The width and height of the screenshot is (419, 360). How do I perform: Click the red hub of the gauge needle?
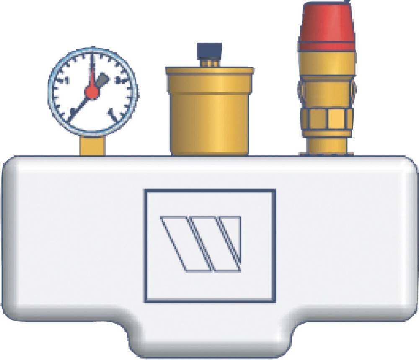pos(92,92)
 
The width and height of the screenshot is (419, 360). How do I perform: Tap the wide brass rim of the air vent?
pos(209,71)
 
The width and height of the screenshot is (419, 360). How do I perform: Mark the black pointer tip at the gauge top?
pos(92,59)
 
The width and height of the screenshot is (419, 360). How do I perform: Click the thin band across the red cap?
pos(327,41)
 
